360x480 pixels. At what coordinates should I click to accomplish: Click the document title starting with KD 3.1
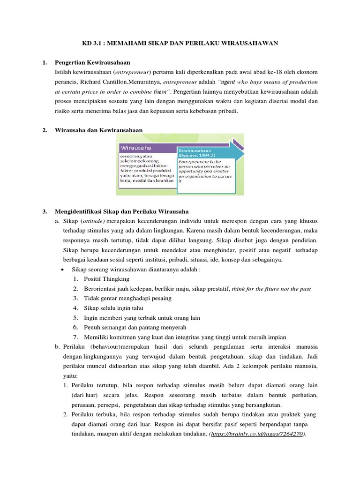180,43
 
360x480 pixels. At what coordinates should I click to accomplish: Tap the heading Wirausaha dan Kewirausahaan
98,130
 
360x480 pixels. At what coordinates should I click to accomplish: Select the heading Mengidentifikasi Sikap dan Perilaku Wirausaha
121,211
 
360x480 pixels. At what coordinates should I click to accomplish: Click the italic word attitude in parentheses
92,221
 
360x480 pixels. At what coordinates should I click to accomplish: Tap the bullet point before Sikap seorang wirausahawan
63,270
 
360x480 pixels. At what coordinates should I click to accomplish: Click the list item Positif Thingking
106,279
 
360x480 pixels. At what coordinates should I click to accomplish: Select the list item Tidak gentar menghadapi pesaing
127,298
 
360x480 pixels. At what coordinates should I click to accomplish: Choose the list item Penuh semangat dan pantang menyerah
135,327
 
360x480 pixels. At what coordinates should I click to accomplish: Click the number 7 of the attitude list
75,337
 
